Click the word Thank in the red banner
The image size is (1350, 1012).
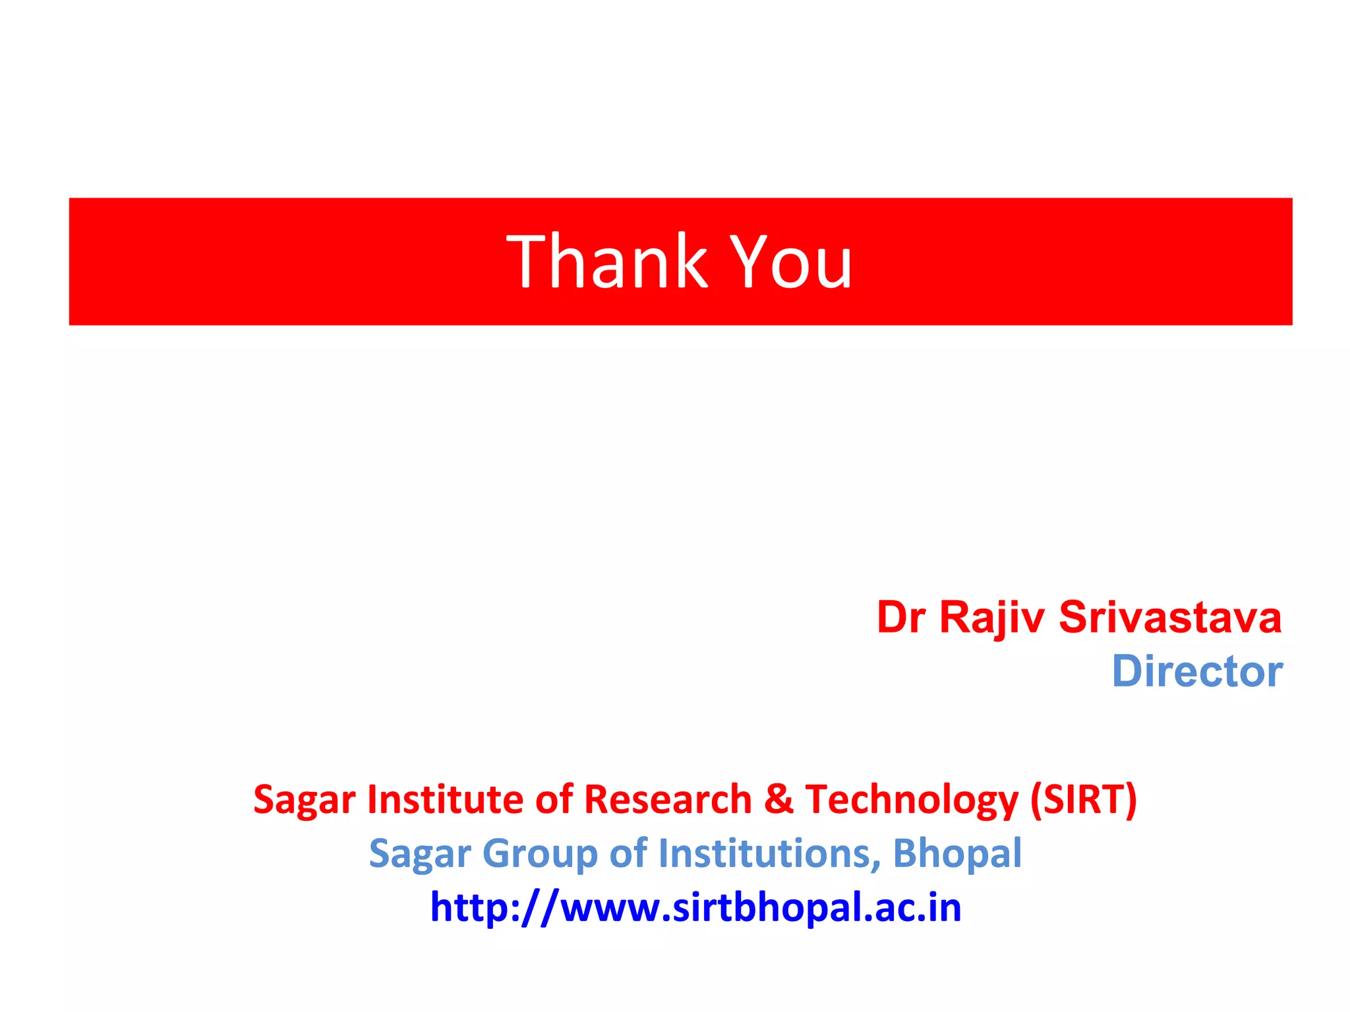pos(606,262)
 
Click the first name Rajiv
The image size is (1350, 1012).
pos(991,619)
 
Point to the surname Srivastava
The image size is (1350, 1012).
pos(1170,617)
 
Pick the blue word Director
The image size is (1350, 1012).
pos(1197,671)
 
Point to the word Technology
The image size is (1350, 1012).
pos(912,801)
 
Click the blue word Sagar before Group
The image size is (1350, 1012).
pos(420,855)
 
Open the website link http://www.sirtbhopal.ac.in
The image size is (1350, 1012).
pos(695,907)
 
